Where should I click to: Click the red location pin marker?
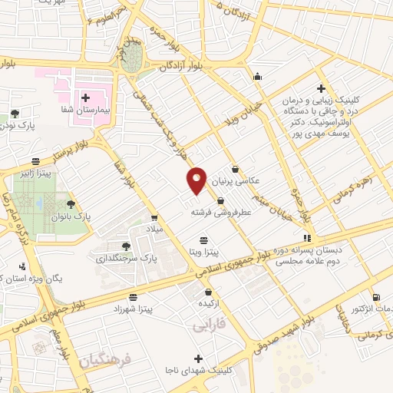[x=197, y=180]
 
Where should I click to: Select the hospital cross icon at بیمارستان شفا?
[x=85, y=97]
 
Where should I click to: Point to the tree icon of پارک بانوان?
[x=71, y=203]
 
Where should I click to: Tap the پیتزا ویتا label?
[x=205, y=251]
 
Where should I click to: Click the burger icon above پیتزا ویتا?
[x=203, y=239]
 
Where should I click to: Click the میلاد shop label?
[x=154, y=230]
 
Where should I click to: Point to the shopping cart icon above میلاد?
[x=155, y=218]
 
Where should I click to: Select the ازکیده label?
[x=210, y=303]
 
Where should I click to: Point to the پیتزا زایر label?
[x=36, y=173]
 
